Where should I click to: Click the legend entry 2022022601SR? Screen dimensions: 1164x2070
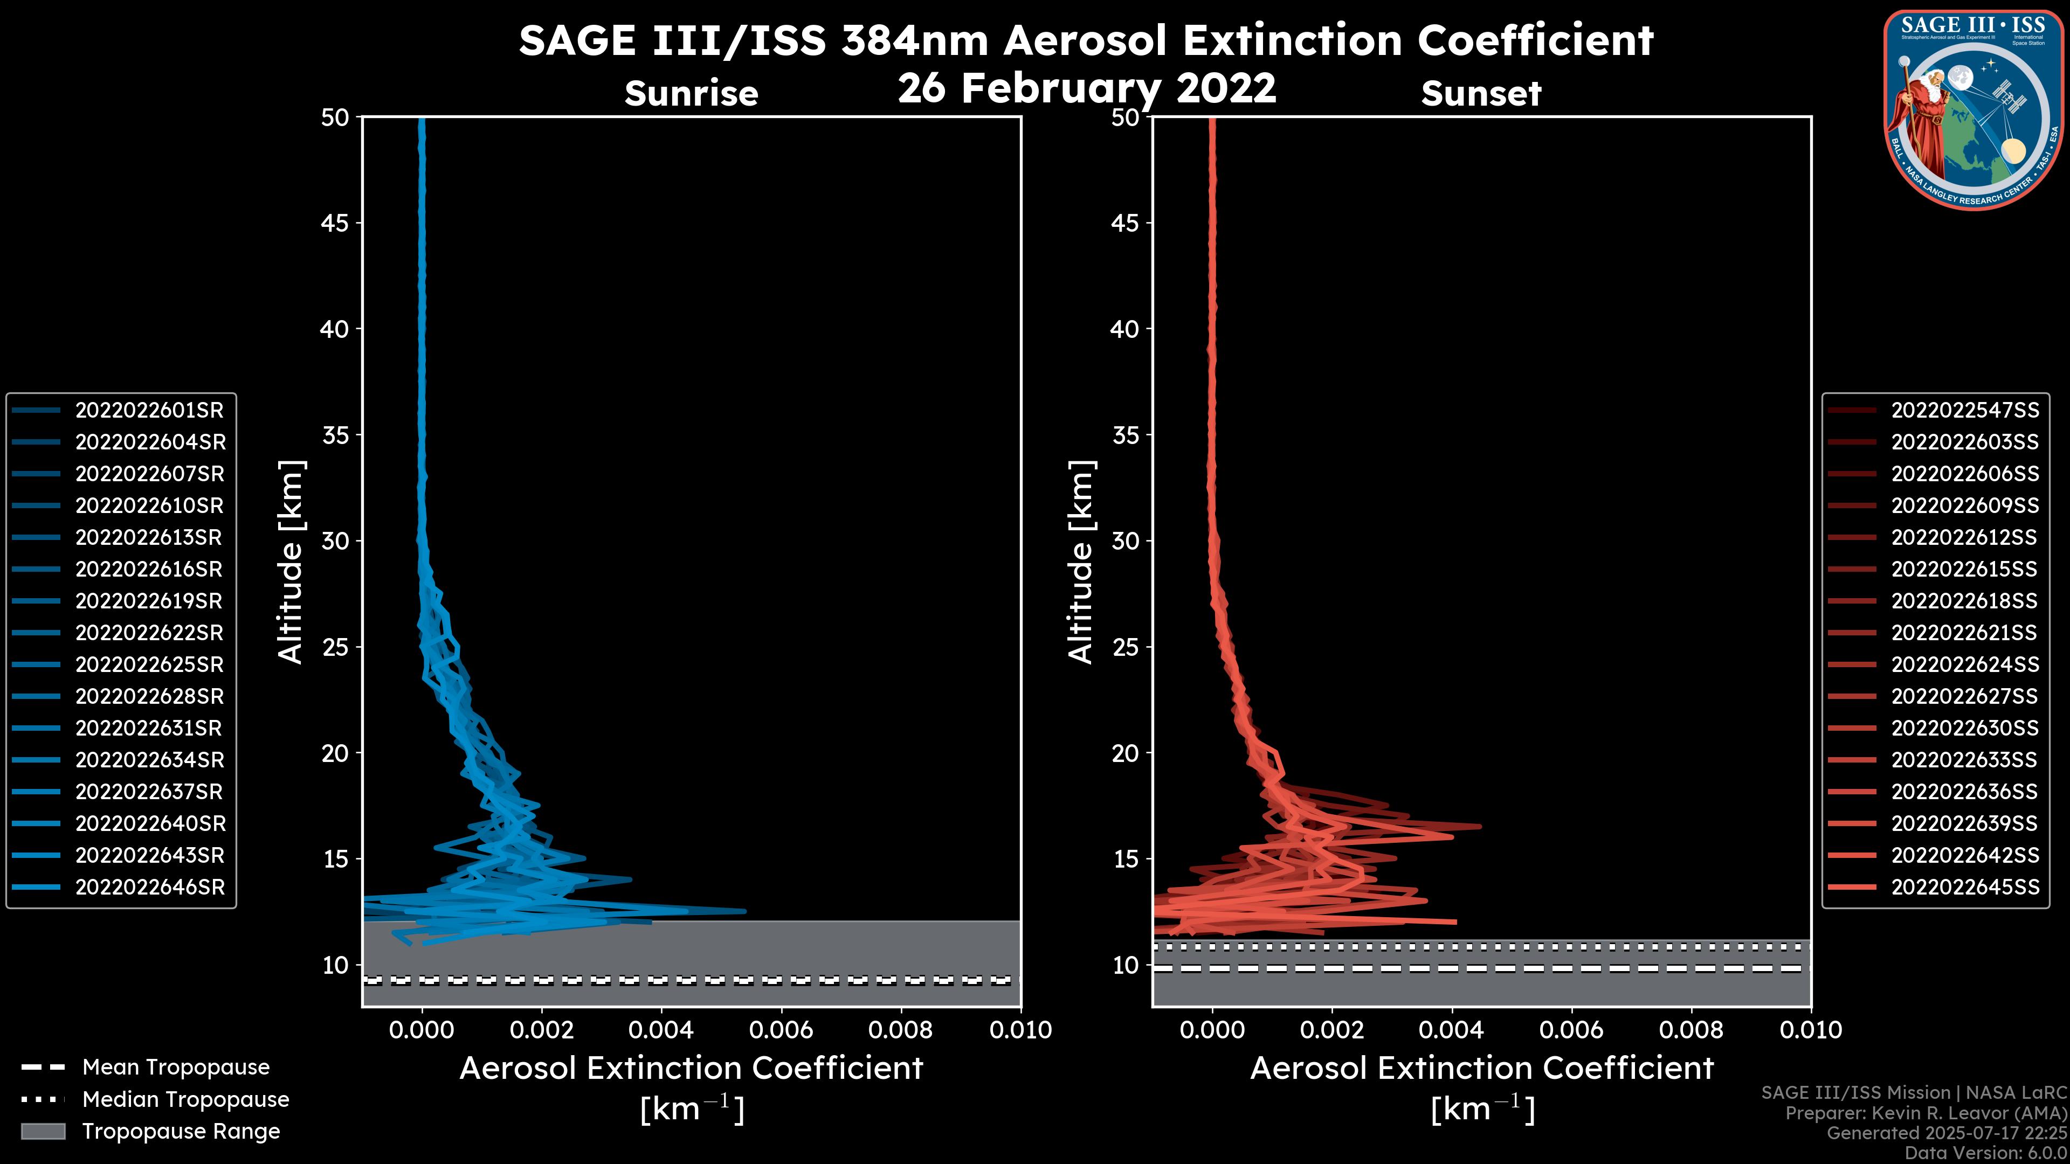coord(149,411)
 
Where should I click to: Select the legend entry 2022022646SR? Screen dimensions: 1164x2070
coord(149,888)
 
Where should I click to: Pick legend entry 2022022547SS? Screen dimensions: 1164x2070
coord(1965,411)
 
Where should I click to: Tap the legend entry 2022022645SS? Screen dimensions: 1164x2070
coord(1965,888)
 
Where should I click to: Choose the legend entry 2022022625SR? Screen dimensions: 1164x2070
coord(149,665)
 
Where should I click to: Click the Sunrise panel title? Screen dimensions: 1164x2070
coord(691,94)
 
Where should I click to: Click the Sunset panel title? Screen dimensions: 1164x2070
coord(1481,94)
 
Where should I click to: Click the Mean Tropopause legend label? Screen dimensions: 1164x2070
coord(176,1068)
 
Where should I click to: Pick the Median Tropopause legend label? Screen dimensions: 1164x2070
coord(185,1100)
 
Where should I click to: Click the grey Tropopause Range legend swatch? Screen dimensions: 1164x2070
coord(43,1132)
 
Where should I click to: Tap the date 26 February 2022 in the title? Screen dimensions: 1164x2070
coord(1086,88)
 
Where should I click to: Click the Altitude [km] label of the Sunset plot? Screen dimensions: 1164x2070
coord(1081,562)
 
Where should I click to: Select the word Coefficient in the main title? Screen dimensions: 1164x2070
coord(1535,40)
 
